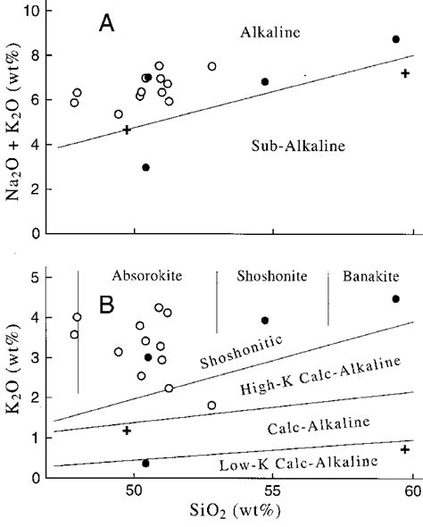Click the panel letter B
[106, 304]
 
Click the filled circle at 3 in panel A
[146, 167]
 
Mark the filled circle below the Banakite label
[395, 299]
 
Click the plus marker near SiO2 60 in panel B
[405, 449]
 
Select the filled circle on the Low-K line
[145, 463]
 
